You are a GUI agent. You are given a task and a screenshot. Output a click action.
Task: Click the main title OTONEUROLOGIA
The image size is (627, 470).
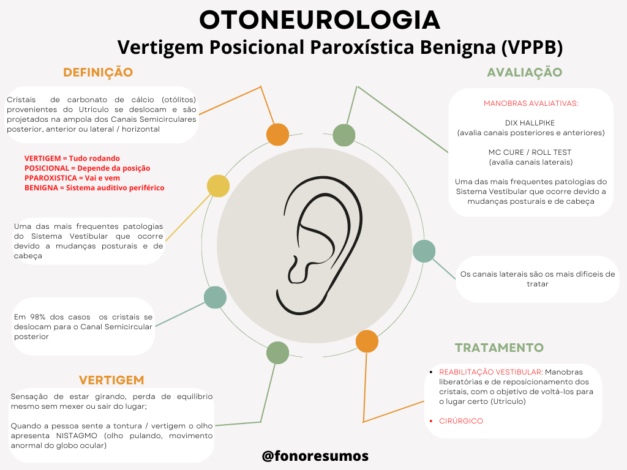pos(320,20)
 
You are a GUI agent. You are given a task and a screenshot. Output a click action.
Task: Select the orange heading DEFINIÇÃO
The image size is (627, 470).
pos(98,72)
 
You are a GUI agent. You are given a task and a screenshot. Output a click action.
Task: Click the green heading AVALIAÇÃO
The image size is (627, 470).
pos(525,72)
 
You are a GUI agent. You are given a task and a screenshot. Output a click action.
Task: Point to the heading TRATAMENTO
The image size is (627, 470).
pos(499,348)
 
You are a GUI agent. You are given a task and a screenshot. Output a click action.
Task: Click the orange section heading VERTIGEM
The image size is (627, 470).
pos(111,380)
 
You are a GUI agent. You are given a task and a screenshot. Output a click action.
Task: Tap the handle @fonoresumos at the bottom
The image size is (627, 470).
pos(315,456)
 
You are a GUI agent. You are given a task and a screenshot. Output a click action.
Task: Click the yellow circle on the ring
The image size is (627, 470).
pos(218,185)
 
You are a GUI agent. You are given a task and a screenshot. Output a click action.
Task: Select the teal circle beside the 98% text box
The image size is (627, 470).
pos(215,297)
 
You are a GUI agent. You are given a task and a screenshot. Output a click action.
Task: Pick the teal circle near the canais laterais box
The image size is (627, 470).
pos(424,251)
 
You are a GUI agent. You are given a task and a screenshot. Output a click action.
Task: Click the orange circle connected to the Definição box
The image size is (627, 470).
pos(277,135)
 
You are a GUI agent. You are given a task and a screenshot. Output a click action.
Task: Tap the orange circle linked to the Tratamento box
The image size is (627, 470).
pos(367,341)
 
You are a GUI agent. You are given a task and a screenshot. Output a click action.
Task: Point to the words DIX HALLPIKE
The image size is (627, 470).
pos(530,122)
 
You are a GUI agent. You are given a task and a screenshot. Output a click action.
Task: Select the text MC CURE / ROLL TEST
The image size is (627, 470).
pos(530,152)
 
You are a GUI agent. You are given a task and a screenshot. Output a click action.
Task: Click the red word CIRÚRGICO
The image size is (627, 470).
pos(461,421)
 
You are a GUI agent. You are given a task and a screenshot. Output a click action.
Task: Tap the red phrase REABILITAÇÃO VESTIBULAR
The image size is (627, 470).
pos(490,372)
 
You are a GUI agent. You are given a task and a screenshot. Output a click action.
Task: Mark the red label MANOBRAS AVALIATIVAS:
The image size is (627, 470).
pos(531,103)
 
